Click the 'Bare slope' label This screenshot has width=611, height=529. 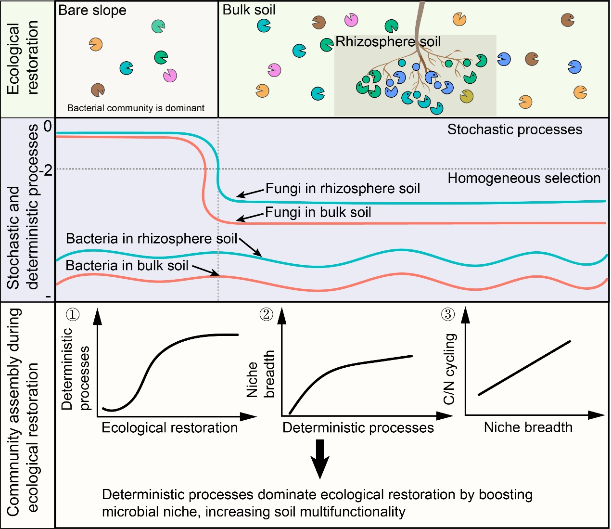click(92, 10)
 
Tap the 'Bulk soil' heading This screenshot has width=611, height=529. click(249, 10)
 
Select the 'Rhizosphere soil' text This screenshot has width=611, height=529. click(388, 42)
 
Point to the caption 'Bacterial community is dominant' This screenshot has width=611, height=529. click(136, 108)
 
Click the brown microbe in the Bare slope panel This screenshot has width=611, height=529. click(98, 90)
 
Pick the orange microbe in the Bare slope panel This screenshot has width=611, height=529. click(96, 44)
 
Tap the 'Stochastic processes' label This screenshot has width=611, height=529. click(515, 129)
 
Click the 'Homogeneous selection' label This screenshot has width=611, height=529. click(524, 179)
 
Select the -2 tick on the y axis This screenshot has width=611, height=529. click(46, 170)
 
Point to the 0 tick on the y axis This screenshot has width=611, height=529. click(48, 127)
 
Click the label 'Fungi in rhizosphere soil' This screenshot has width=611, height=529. click(343, 188)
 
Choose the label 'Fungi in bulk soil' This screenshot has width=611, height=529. click(318, 212)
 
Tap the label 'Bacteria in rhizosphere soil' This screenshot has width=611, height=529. click(152, 239)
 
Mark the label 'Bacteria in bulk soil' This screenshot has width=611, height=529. click(127, 265)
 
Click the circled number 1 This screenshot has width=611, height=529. click(73, 314)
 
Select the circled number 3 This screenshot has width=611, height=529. click(447, 314)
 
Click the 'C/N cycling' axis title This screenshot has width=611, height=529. click(449, 369)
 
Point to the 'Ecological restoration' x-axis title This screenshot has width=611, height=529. click(169, 428)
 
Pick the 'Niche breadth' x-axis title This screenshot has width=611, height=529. click(528, 427)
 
